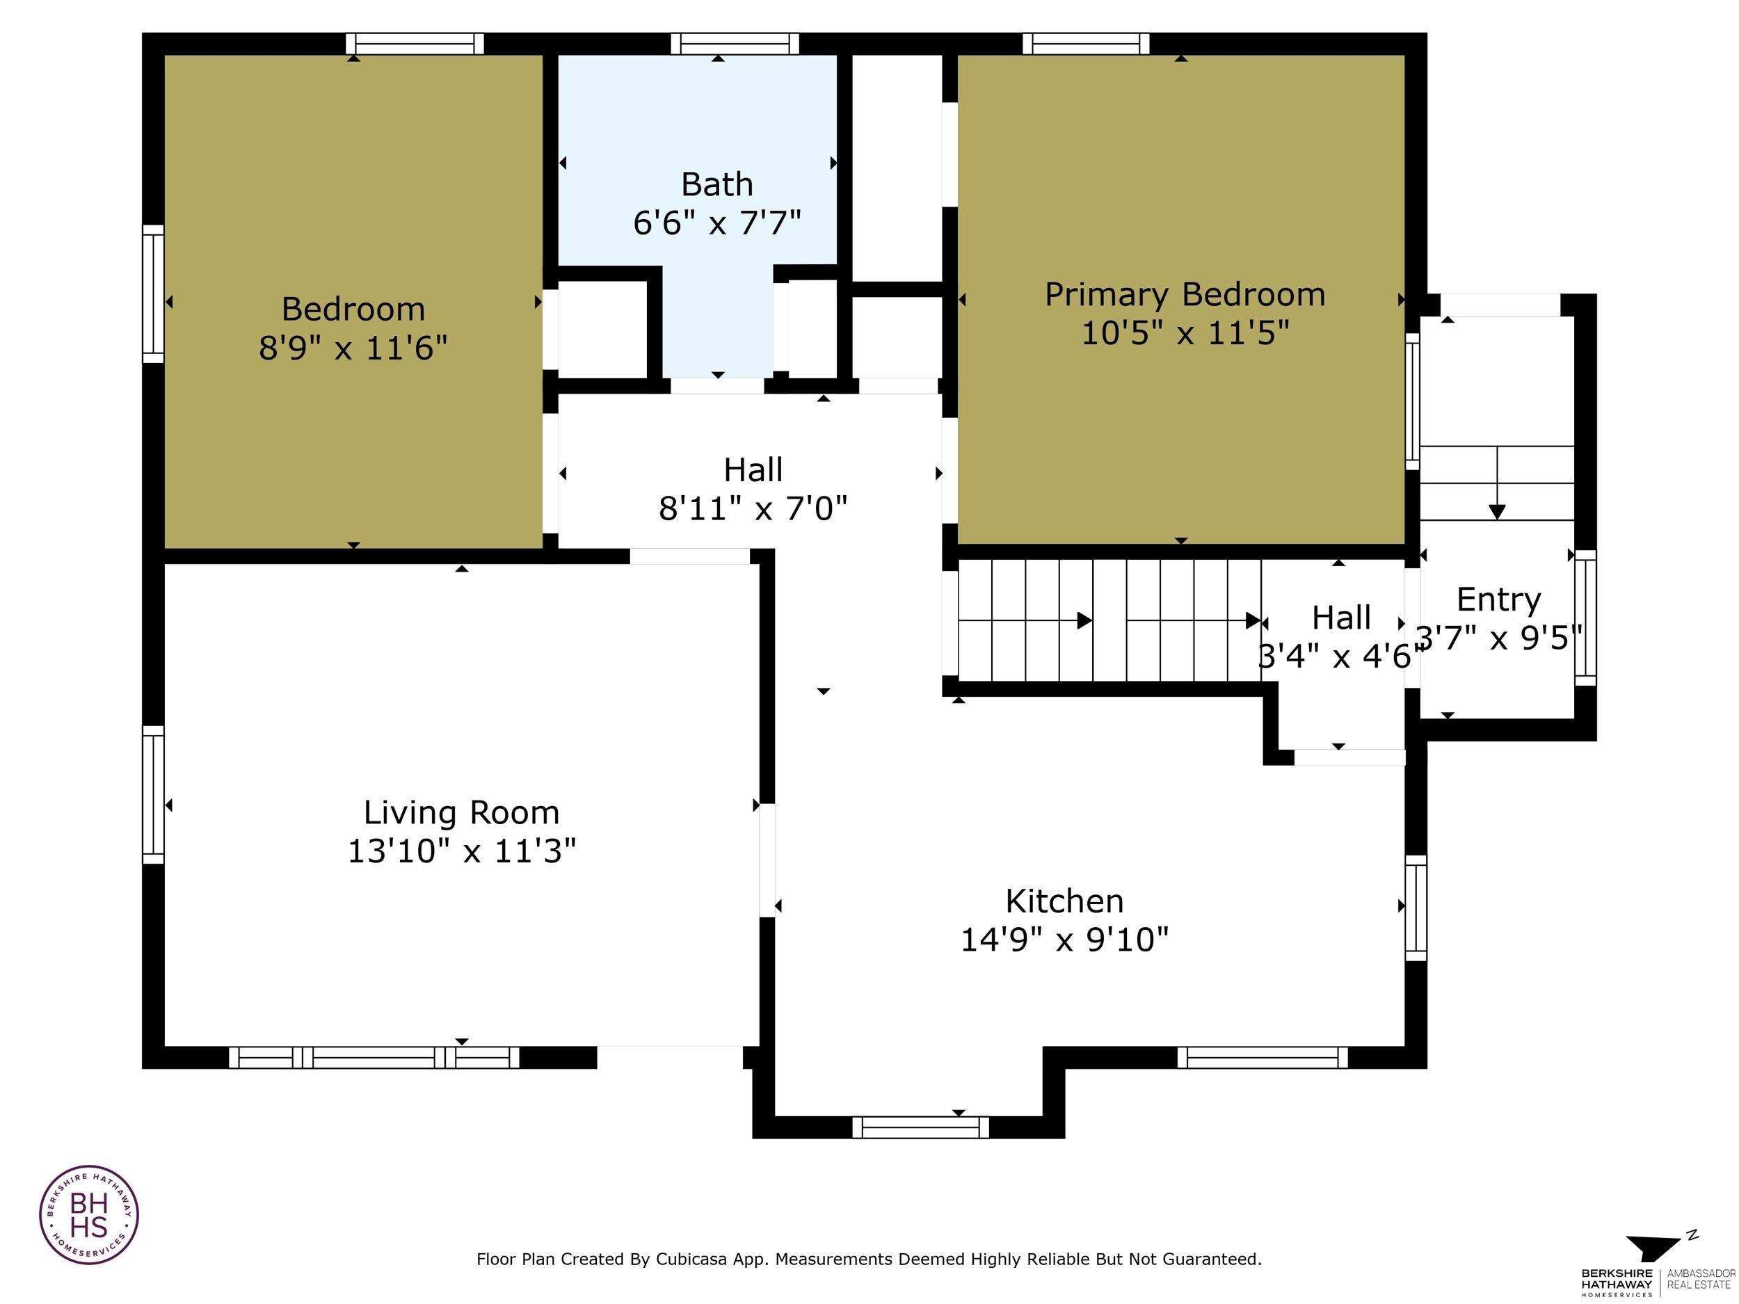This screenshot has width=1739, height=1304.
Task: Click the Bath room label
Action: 716,185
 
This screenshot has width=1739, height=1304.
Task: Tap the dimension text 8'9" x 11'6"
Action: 353,348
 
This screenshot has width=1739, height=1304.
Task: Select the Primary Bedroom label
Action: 1185,295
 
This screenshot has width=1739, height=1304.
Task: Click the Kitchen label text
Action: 1064,901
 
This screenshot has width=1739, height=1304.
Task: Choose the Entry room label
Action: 1498,599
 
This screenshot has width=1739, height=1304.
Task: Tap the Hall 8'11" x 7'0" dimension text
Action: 753,508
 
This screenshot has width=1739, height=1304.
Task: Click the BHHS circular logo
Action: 89,1214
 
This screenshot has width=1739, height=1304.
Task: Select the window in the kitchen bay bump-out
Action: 920,1127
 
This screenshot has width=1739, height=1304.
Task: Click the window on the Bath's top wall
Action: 735,44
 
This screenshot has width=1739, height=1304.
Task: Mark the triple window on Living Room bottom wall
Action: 374,1057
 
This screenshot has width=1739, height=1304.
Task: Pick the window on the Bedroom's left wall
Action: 153,294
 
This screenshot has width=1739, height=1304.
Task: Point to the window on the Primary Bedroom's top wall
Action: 1086,44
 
